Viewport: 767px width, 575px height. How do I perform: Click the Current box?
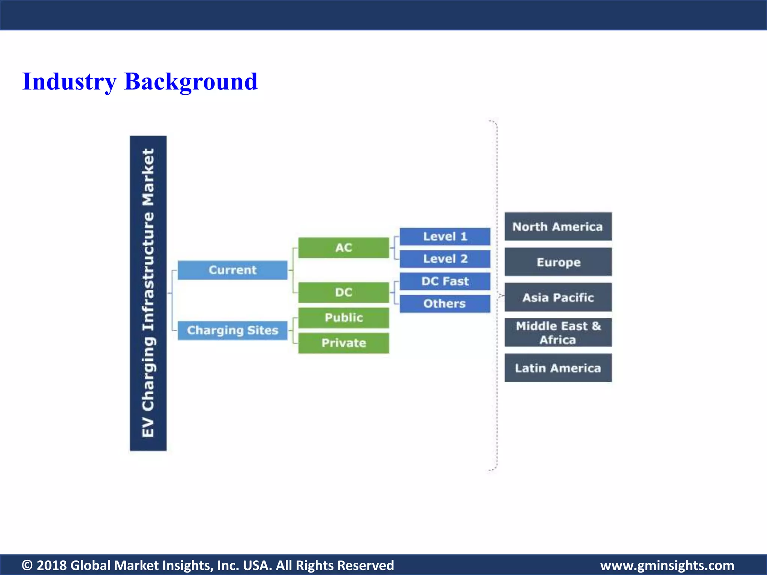click(x=232, y=270)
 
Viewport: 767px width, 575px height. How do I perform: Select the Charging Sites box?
click(x=232, y=330)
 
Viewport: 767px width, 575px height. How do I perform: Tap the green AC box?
click(x=343, y=247)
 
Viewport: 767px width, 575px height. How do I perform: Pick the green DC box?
click(x=343, y=292)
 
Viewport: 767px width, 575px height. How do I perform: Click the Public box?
click(x=343, y=317)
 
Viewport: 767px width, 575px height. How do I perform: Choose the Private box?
click(x=343, y=343)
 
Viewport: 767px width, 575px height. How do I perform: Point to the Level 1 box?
click(x=445, y=236)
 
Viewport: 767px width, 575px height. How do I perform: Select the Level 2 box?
click(x=445, y=259)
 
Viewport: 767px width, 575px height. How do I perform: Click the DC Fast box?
click(x=445, y=281)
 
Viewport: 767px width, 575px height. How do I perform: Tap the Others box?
click(x=445, y=304)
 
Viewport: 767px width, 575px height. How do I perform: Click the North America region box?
click(x=558, y=226)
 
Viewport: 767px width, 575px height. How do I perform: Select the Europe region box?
click(x=558, y=262)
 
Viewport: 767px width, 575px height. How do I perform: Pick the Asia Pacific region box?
click(x=558, y=297)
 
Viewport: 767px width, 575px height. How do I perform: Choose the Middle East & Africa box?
click(x=558, y=332)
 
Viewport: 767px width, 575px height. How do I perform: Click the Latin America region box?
click(x=558, y=368)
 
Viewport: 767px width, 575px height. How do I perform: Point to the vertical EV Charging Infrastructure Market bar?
click(x=148, y=293)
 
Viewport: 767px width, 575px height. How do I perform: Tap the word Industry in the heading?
click(x=69, y=82)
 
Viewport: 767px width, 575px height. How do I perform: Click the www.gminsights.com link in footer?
click(x=667, y=565)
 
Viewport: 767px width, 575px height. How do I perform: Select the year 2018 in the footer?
click(x=52, y=565)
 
